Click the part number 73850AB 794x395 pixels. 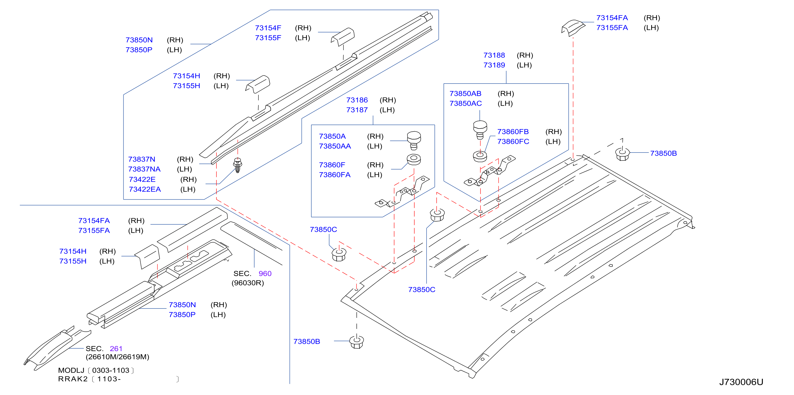(465, 93)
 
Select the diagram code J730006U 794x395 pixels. (741, 382)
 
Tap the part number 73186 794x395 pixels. (357, 100)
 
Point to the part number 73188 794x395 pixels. (494, 55)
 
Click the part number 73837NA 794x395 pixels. (144, 169)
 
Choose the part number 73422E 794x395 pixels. (142, 179)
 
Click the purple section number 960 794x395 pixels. (265, 273)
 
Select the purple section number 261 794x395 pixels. (116, 348)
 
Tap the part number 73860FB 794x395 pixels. (513, 132)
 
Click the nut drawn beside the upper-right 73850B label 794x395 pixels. (622, 154)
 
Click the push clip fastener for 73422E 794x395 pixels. (238, 165)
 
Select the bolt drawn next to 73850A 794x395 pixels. (414, 141)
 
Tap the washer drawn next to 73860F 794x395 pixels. (414, 159)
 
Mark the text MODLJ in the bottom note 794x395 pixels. (71, 370)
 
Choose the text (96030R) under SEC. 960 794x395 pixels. (248, 283)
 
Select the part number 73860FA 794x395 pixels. (335, 175)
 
